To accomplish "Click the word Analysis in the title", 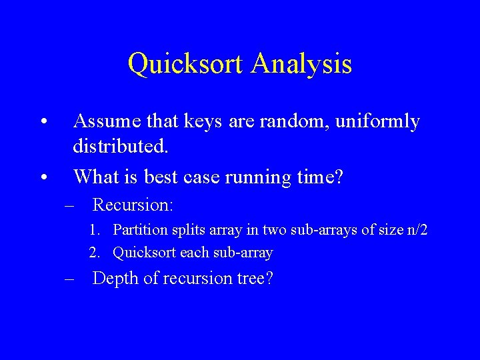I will (x=302, y=65).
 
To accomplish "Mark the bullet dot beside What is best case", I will (x=42, y=178).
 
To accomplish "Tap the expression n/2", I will (x=417, y=231).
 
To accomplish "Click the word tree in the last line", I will (x=252, y=279).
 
